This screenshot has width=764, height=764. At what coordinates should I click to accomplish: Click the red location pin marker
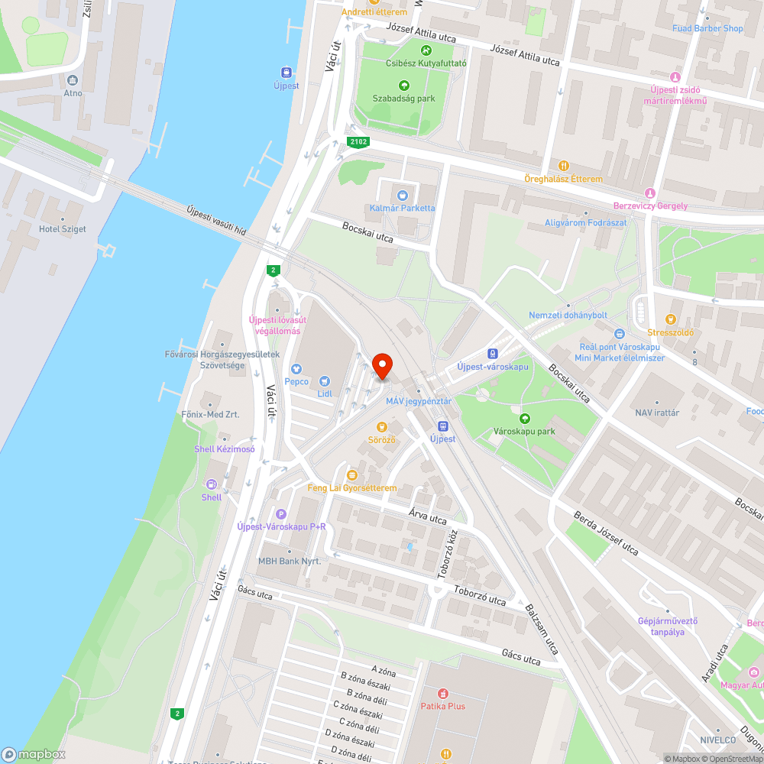pos(381,367)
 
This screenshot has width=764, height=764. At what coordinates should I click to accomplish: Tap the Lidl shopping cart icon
pos(325,381)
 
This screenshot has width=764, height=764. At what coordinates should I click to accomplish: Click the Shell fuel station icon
pos(212,484)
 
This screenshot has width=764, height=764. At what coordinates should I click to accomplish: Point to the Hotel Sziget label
pos(63,229)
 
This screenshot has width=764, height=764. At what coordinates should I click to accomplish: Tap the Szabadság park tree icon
pos(403,85)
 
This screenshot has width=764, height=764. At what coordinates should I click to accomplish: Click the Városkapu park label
pos(524,432)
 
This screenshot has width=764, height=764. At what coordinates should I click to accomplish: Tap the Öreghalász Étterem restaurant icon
pos(563,166)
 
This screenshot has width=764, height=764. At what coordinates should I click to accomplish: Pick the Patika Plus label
pos(442,706)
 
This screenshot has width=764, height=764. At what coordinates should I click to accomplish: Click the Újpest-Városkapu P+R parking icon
pos(280,514)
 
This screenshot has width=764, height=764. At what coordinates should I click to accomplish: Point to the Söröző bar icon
pos(382,427)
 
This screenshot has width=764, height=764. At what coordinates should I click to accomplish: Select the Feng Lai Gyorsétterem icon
pos(351,475)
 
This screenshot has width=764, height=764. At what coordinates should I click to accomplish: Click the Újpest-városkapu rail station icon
pos(493,354)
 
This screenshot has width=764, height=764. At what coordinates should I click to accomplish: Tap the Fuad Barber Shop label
pos(707,28)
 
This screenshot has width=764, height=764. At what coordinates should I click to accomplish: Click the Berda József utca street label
pos(606,534)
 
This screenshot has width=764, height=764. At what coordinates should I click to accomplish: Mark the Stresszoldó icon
pos(671,319)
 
